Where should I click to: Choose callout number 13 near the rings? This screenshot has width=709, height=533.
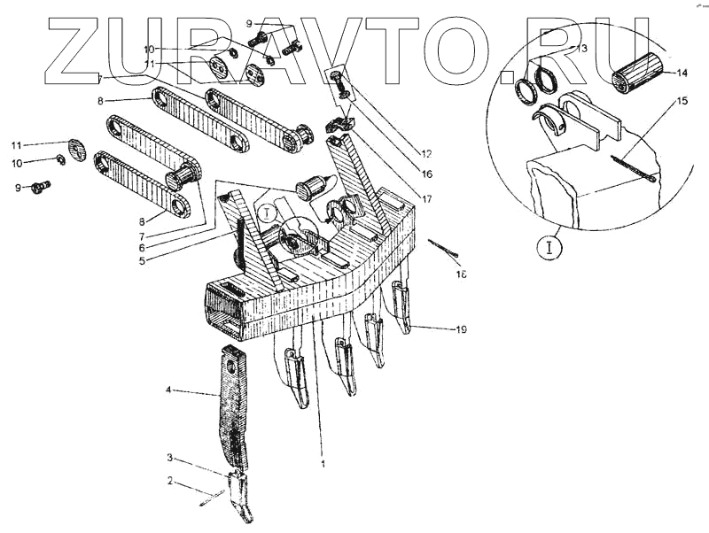(581, 50)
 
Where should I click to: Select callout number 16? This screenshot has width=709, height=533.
(427, 175)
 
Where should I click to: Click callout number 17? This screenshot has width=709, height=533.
(427, 198)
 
